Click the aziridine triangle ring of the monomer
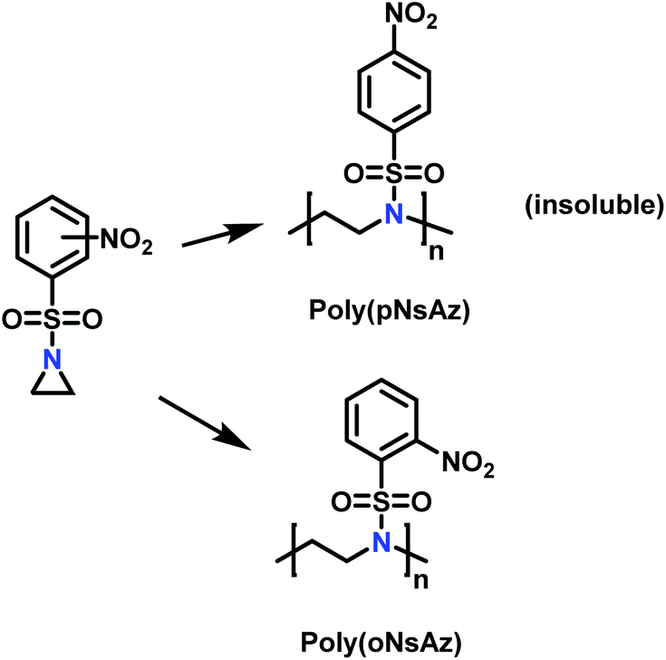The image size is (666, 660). (52, 385)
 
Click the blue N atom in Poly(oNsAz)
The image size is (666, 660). (384, 542)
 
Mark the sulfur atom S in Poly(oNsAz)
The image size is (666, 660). (384, 501)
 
